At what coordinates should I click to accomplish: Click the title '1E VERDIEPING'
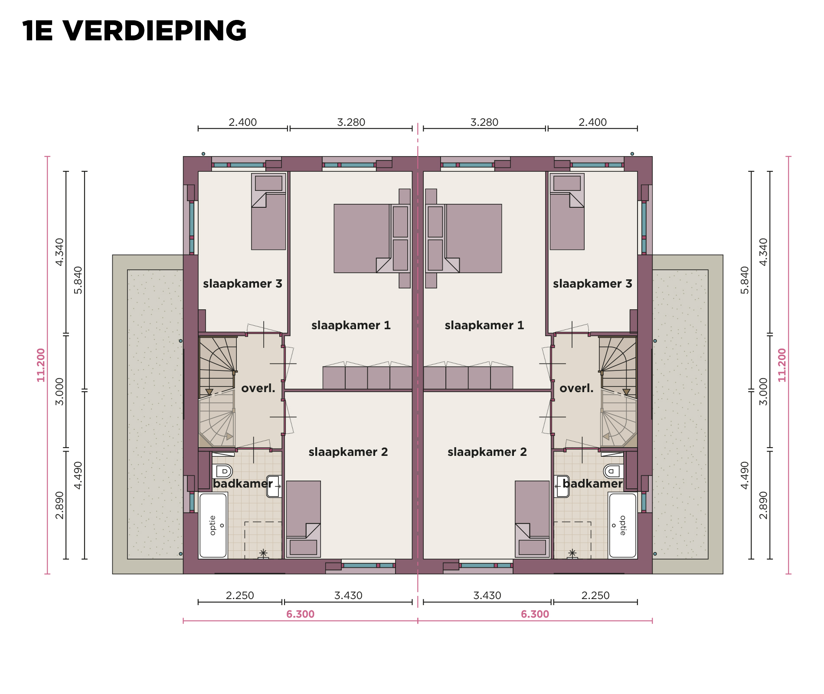pos(134,31)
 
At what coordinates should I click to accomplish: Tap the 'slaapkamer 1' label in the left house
pos(351,325)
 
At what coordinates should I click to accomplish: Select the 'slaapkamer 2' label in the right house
pos(487,452)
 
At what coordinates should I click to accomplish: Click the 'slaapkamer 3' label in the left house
pos(242,284)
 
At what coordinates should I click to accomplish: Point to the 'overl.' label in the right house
pos(576,388)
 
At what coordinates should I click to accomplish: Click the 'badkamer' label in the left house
pos(243,484)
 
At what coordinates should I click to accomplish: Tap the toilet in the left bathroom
pos(222,471)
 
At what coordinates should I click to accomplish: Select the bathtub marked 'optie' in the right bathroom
pos(622,525)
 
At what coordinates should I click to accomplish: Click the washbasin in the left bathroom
pos(274,486)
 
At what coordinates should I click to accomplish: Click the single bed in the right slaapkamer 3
pos(567,212)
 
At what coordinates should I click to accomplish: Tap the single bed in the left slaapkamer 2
pos(304,519)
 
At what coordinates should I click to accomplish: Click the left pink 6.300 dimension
pos(300,614)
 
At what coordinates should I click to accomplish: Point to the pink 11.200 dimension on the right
pos(782,365)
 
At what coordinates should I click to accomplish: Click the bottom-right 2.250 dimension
pos(595,596)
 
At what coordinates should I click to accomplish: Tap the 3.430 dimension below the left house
pos(348,596)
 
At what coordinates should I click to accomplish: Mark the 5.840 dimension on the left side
pos(78,280)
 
